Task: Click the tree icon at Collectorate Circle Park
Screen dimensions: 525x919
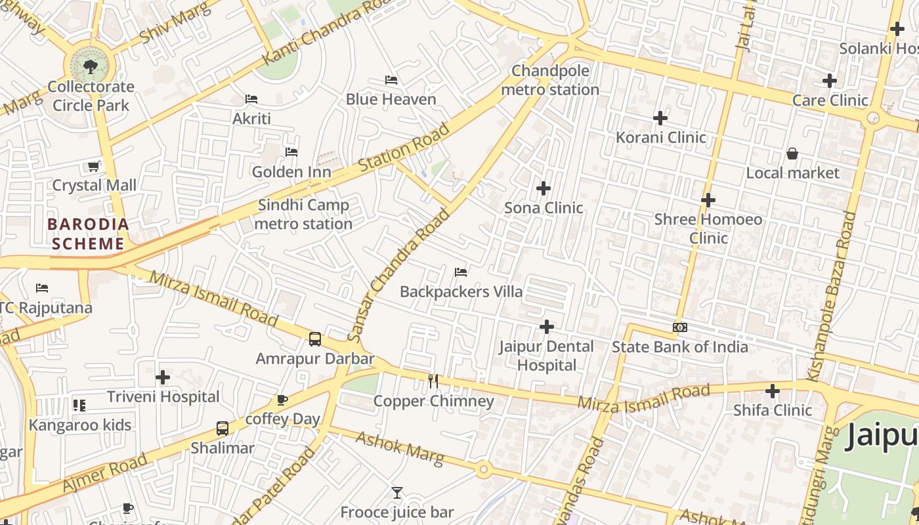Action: (x=91, y=66)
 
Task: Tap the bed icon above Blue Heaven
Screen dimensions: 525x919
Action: (x=391, y=80)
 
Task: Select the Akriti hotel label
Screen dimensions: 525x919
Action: (x=251, y=119)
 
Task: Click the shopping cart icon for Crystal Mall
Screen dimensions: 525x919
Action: (x=94, y=166)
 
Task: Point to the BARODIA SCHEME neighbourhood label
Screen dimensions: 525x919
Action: (x=88, y=234)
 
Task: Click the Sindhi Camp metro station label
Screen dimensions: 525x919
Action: (x=303, y=215)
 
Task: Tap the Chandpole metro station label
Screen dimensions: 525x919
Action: (x=550, y=80)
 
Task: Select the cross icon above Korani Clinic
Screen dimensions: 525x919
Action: (x=660, y=118)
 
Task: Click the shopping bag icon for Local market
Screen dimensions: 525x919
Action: (x=792, y=154)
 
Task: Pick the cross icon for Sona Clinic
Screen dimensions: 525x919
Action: (x=544, y=189)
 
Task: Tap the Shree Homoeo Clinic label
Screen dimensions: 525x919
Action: (x=708, y=228)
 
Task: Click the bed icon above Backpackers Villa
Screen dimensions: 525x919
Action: (x=461, y=272)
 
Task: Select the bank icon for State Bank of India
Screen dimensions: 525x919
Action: (x=680, y=327)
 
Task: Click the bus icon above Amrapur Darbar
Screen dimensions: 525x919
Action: (x=315, y=339)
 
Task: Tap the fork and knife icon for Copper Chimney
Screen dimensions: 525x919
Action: (x=433, y=381)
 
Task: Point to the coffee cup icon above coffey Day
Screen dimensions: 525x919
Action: (x=282, y=400)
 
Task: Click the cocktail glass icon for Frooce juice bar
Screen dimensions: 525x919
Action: (x=397, y=492)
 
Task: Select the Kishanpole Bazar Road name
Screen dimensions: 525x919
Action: (x=831, y=295)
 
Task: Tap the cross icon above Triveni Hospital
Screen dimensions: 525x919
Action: (x=163, y=377)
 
